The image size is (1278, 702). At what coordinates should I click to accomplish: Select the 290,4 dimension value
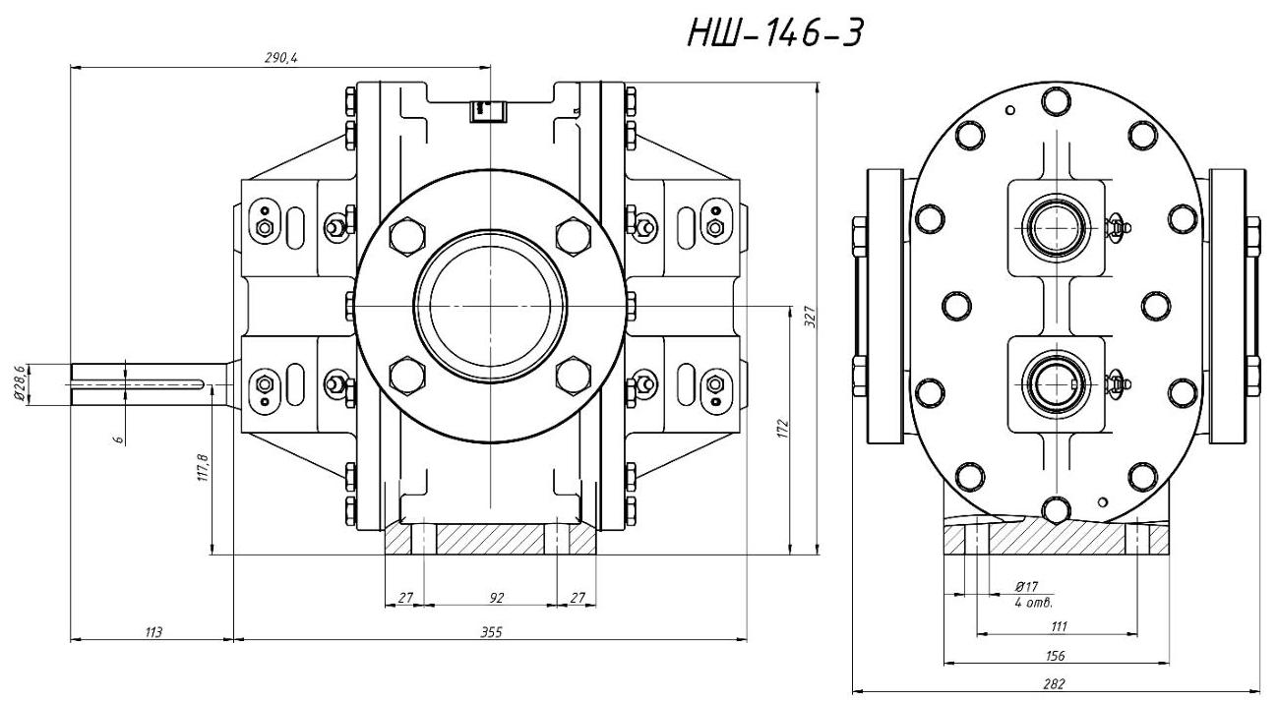(281, 59)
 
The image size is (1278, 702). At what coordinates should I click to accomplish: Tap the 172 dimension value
(783, 430)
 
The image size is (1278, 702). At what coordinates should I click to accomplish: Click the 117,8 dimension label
(203, 466)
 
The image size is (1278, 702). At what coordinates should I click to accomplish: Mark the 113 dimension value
(152, 631)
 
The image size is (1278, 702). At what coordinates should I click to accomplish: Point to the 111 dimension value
(1059, 626)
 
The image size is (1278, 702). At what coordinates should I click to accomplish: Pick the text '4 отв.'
(1032, 600)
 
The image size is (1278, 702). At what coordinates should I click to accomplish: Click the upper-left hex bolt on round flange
(407, 236)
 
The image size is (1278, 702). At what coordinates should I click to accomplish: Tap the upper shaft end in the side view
(1057, 224)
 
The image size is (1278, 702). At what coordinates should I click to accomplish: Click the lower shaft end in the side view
(1057, 378)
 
